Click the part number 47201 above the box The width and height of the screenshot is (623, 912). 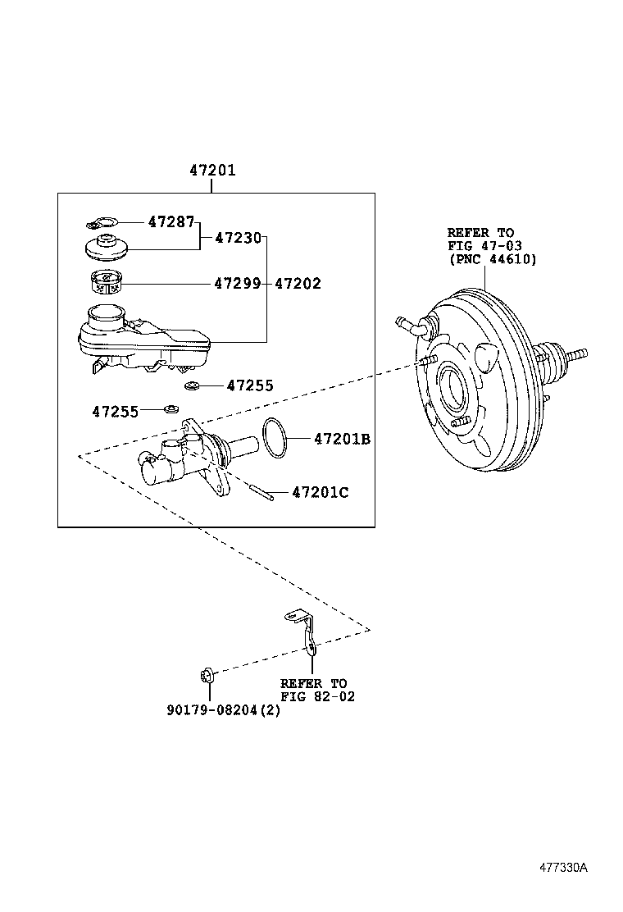[x=211, y=171]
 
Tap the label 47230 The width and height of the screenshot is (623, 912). [x=238, y=238]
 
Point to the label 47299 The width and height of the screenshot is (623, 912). [x=237, y=284]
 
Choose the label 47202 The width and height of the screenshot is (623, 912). [x=298, y=284]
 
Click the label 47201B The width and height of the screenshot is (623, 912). [x=342, y=440]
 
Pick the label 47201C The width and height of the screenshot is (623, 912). [x=321, y=492]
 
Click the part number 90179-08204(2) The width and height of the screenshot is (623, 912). [x=223, y=710]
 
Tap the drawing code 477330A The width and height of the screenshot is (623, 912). [x=563, y=868]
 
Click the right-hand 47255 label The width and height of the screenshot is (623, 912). [x=250, y=385]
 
